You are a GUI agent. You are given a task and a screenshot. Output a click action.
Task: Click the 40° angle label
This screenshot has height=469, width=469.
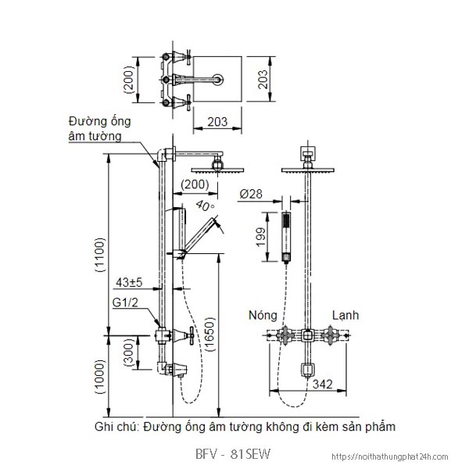click(206, 207)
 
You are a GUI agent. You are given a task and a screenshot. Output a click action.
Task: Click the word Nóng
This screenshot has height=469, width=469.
click(263, 316)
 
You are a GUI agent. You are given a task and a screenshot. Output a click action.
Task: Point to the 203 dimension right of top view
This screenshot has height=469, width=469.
click(264, 78)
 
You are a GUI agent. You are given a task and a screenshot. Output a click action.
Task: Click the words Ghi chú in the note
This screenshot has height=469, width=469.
click(115, 428)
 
